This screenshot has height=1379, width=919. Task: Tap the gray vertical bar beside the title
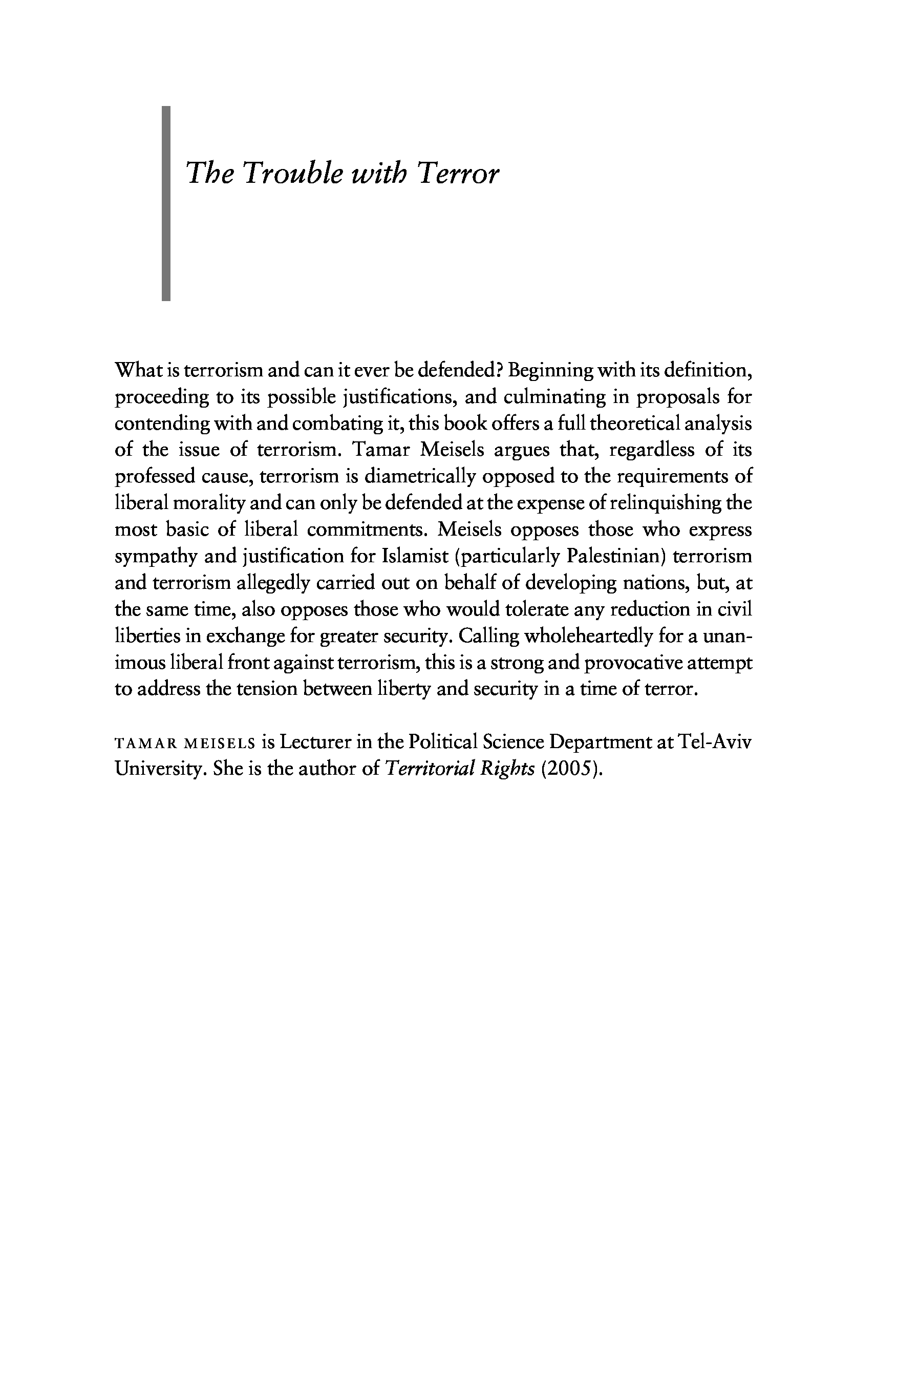(x=166, y=203)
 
